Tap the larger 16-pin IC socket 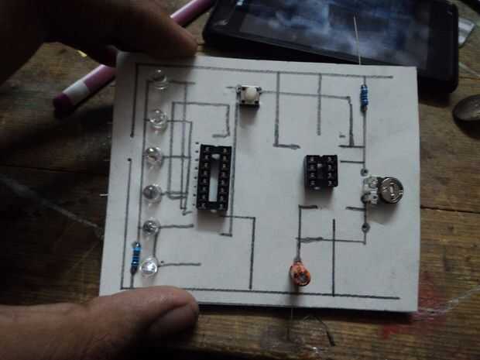coord(213,177)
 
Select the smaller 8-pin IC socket coord(321,172)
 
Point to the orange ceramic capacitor coord(300,273)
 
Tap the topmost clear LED coord(159,78)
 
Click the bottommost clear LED coord(149,265)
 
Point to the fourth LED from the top coord(153,193)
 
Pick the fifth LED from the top coord(151,228)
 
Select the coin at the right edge coord(468,108)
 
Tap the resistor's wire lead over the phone coord(358,46)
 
